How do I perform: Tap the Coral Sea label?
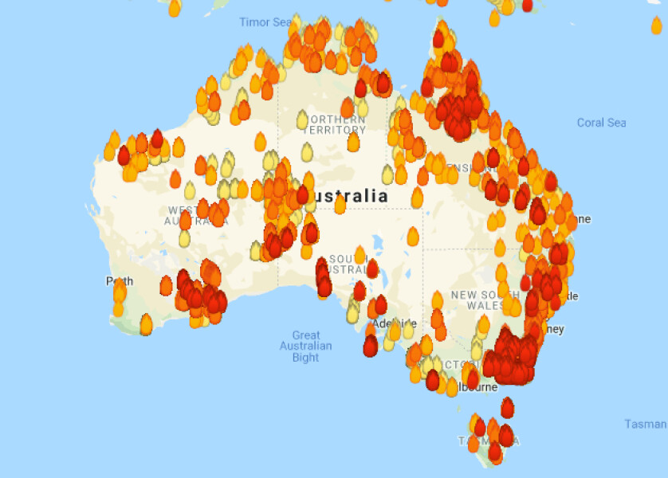pos(601,123)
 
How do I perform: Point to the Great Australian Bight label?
pos(305,347)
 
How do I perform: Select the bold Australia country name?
pos(351,196)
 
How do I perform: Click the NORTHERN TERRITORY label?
pos(335,123)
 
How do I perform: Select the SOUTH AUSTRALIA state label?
pos(348,264)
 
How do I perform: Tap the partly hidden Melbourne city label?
pos(478,387)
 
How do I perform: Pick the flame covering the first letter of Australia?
pos(303,195)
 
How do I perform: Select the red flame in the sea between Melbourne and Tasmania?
pos(507,408)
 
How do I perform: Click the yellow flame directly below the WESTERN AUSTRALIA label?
pos(185,237)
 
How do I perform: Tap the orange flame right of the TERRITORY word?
pos(354,142)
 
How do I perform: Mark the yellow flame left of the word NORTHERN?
pos(303,119)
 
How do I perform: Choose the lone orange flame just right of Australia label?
pos(417,198)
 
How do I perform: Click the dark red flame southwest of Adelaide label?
pos(370,347)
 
